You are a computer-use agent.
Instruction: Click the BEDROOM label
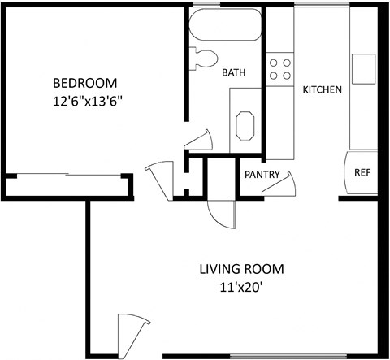(85, 83)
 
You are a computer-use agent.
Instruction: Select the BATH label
(234, 73)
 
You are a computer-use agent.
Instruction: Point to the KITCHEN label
(322, 89)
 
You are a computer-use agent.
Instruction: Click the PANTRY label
(262, 174)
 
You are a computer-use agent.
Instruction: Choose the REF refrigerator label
(362, 172)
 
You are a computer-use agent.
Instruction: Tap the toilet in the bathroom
(204, 58)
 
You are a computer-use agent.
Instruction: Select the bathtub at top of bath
(226, 26)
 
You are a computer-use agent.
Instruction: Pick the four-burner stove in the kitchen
(280, 68)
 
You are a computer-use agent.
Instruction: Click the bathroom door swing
(200, 142)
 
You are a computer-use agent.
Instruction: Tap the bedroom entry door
(159, 177)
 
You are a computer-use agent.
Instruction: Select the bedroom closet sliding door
(69, 175)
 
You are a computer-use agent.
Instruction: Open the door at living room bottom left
(132, 333)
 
